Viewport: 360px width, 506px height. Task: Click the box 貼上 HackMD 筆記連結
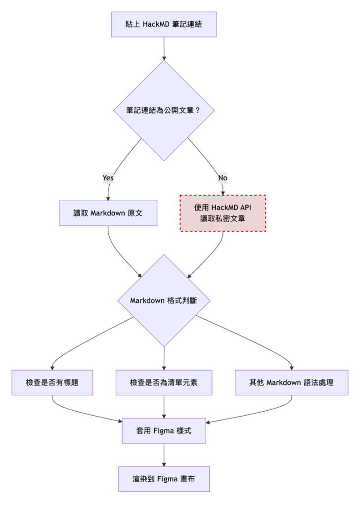point(164,24)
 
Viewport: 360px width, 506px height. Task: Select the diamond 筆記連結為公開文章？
point(164,110)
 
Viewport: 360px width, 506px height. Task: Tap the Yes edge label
point(108,177)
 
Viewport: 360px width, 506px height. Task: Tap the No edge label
point(223,177)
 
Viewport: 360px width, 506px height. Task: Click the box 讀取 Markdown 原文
point(108,213)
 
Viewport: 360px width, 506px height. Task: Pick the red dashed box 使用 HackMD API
point(223,213)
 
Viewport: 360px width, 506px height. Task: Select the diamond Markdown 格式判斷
point(164,300)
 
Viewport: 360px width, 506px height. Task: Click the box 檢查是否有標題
point(52,382)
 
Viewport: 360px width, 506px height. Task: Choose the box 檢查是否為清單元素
point(164,382)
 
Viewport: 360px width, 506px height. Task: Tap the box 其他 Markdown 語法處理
point(291,382)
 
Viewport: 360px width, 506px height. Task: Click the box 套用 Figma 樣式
point(164,431)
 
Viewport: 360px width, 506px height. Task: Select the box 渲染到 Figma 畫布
point(164,479)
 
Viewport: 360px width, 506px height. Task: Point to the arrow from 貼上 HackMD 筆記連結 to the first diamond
point(164,48)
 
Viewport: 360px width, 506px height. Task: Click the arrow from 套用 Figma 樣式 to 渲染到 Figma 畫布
point(164,455)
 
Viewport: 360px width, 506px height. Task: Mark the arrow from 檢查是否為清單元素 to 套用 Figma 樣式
point(164,407)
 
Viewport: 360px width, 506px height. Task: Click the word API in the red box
point(245,208)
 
